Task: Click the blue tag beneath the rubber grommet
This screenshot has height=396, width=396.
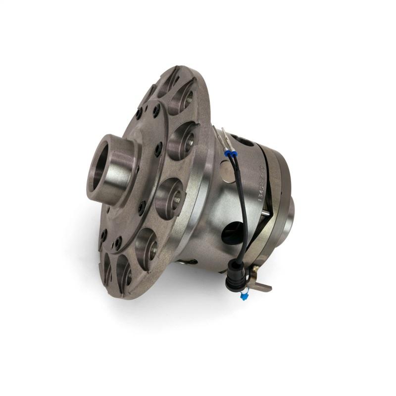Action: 244,296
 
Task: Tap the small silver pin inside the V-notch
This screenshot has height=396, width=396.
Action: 267,213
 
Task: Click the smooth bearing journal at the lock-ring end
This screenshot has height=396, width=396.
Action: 291,208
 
